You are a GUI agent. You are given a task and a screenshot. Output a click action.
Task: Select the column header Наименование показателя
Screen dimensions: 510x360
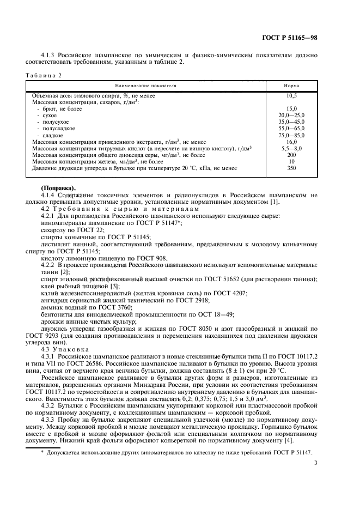[x=145, y=86]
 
